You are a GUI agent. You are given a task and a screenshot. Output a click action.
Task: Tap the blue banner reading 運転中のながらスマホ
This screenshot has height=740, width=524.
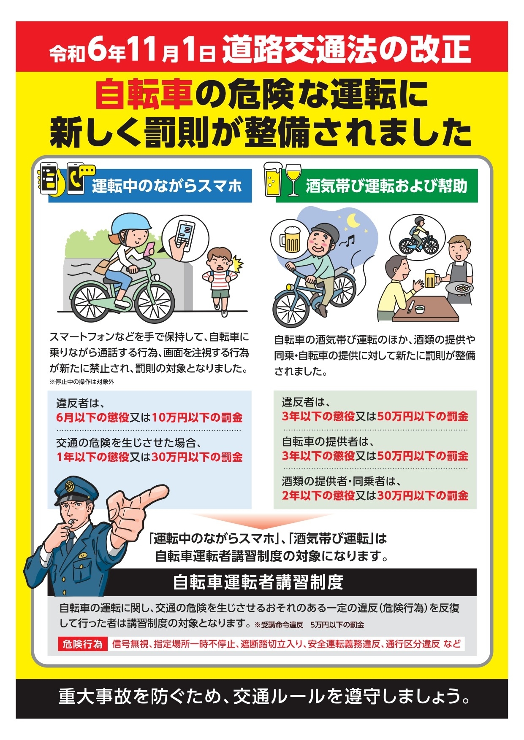pos(150,186)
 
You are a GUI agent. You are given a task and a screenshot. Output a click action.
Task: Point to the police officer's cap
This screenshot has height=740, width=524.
pos(75,490)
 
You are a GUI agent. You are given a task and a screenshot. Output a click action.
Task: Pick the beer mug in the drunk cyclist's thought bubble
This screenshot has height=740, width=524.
pos(289,239)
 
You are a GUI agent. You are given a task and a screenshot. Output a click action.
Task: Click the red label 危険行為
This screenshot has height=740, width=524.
pos(82,644)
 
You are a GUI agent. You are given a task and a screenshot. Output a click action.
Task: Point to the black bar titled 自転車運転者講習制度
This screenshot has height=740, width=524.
pos(262,582)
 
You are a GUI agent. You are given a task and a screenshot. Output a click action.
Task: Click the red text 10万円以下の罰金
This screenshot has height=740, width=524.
pos(197,417)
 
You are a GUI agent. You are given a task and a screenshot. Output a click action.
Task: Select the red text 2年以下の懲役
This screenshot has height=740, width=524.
pos(318,495)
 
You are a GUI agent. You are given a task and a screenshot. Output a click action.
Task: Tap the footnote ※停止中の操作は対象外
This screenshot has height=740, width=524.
pos(82,382)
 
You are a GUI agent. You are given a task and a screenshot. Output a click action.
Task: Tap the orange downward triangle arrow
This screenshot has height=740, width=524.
pos(263,521)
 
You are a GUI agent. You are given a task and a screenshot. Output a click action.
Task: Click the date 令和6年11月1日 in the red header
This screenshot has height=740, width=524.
pos(132,50)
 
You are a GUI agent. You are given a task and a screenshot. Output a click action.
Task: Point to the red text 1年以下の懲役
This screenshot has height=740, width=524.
pos(93,457)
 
